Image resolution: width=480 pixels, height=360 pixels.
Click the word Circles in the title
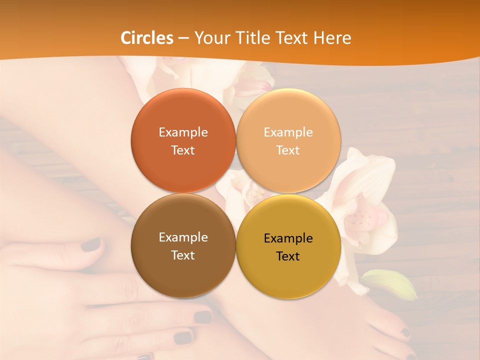[146, 38]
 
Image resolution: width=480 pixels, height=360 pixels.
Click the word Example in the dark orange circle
[183, 132]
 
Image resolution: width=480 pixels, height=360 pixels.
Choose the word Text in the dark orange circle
[183, 150]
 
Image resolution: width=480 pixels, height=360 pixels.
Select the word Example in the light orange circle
[288, 132]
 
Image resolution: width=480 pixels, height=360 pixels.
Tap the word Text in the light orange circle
[288, 150]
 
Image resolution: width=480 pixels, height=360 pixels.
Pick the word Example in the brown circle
[183, 237]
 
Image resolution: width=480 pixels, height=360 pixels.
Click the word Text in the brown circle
[183, 255]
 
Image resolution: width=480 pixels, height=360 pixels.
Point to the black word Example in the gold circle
[288, 238]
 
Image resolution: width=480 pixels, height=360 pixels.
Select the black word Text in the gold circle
[288, 256]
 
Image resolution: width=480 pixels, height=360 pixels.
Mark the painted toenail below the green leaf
[405, 332]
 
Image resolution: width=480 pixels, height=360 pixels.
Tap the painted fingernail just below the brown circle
[202, 316]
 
